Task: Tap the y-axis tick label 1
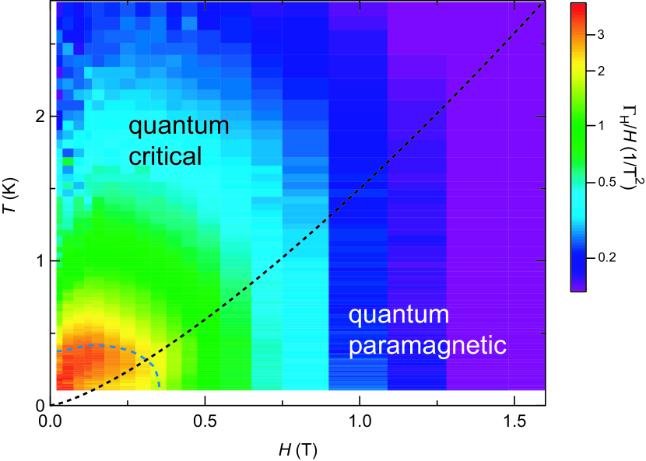(36, 261)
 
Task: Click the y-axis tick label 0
(36, 405)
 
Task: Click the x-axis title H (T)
(297, 449)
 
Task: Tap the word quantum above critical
(178, 126)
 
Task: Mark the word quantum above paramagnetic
(398, 316)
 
